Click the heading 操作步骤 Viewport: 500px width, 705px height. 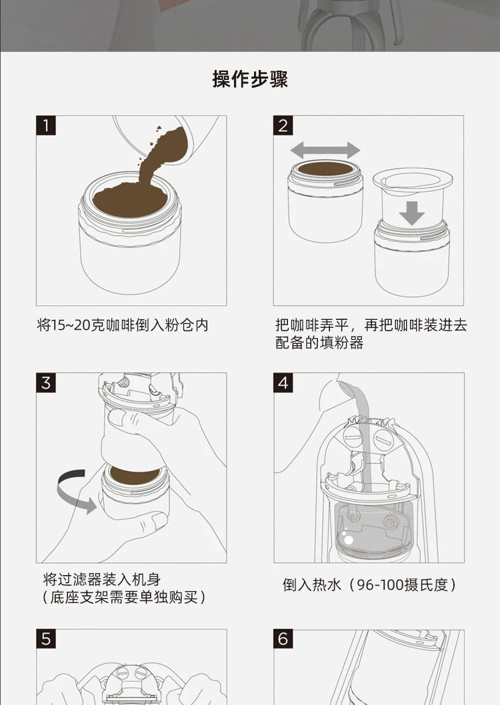pyautogui.click(x=250, y=79)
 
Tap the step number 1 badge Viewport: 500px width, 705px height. pyautogui.click(x=46, y=125)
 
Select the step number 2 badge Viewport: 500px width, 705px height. pyautogui.click(x=283, y=125)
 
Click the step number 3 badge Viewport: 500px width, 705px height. pyautogui.click(x=46, y=382)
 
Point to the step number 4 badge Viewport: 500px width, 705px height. pyautogui.click(x=283, y=382)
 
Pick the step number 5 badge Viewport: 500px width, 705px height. pyautogui.click(x=46, y=639)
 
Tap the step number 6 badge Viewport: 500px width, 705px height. pyautogui.click(x=283, y=639)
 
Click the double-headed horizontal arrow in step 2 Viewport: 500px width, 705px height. pyautogui.click(x=325, y=150)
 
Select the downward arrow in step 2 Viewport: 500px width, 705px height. pyautogui.click(x=412, y=213)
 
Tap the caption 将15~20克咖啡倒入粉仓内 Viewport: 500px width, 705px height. pyautogui.click(x=123, y=325)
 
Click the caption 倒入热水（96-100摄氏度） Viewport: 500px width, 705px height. pyautogui.click(x=369, y=585)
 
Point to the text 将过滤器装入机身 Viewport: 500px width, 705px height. pyautogui.click(x=101, y=579)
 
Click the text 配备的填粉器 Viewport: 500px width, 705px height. pyautogui.click(x=319, y=343)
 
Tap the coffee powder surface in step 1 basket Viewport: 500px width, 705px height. pyautogui.click(x=130, y=199)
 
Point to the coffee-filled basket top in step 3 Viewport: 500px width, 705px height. pyautogui.click(x=135, y=476)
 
